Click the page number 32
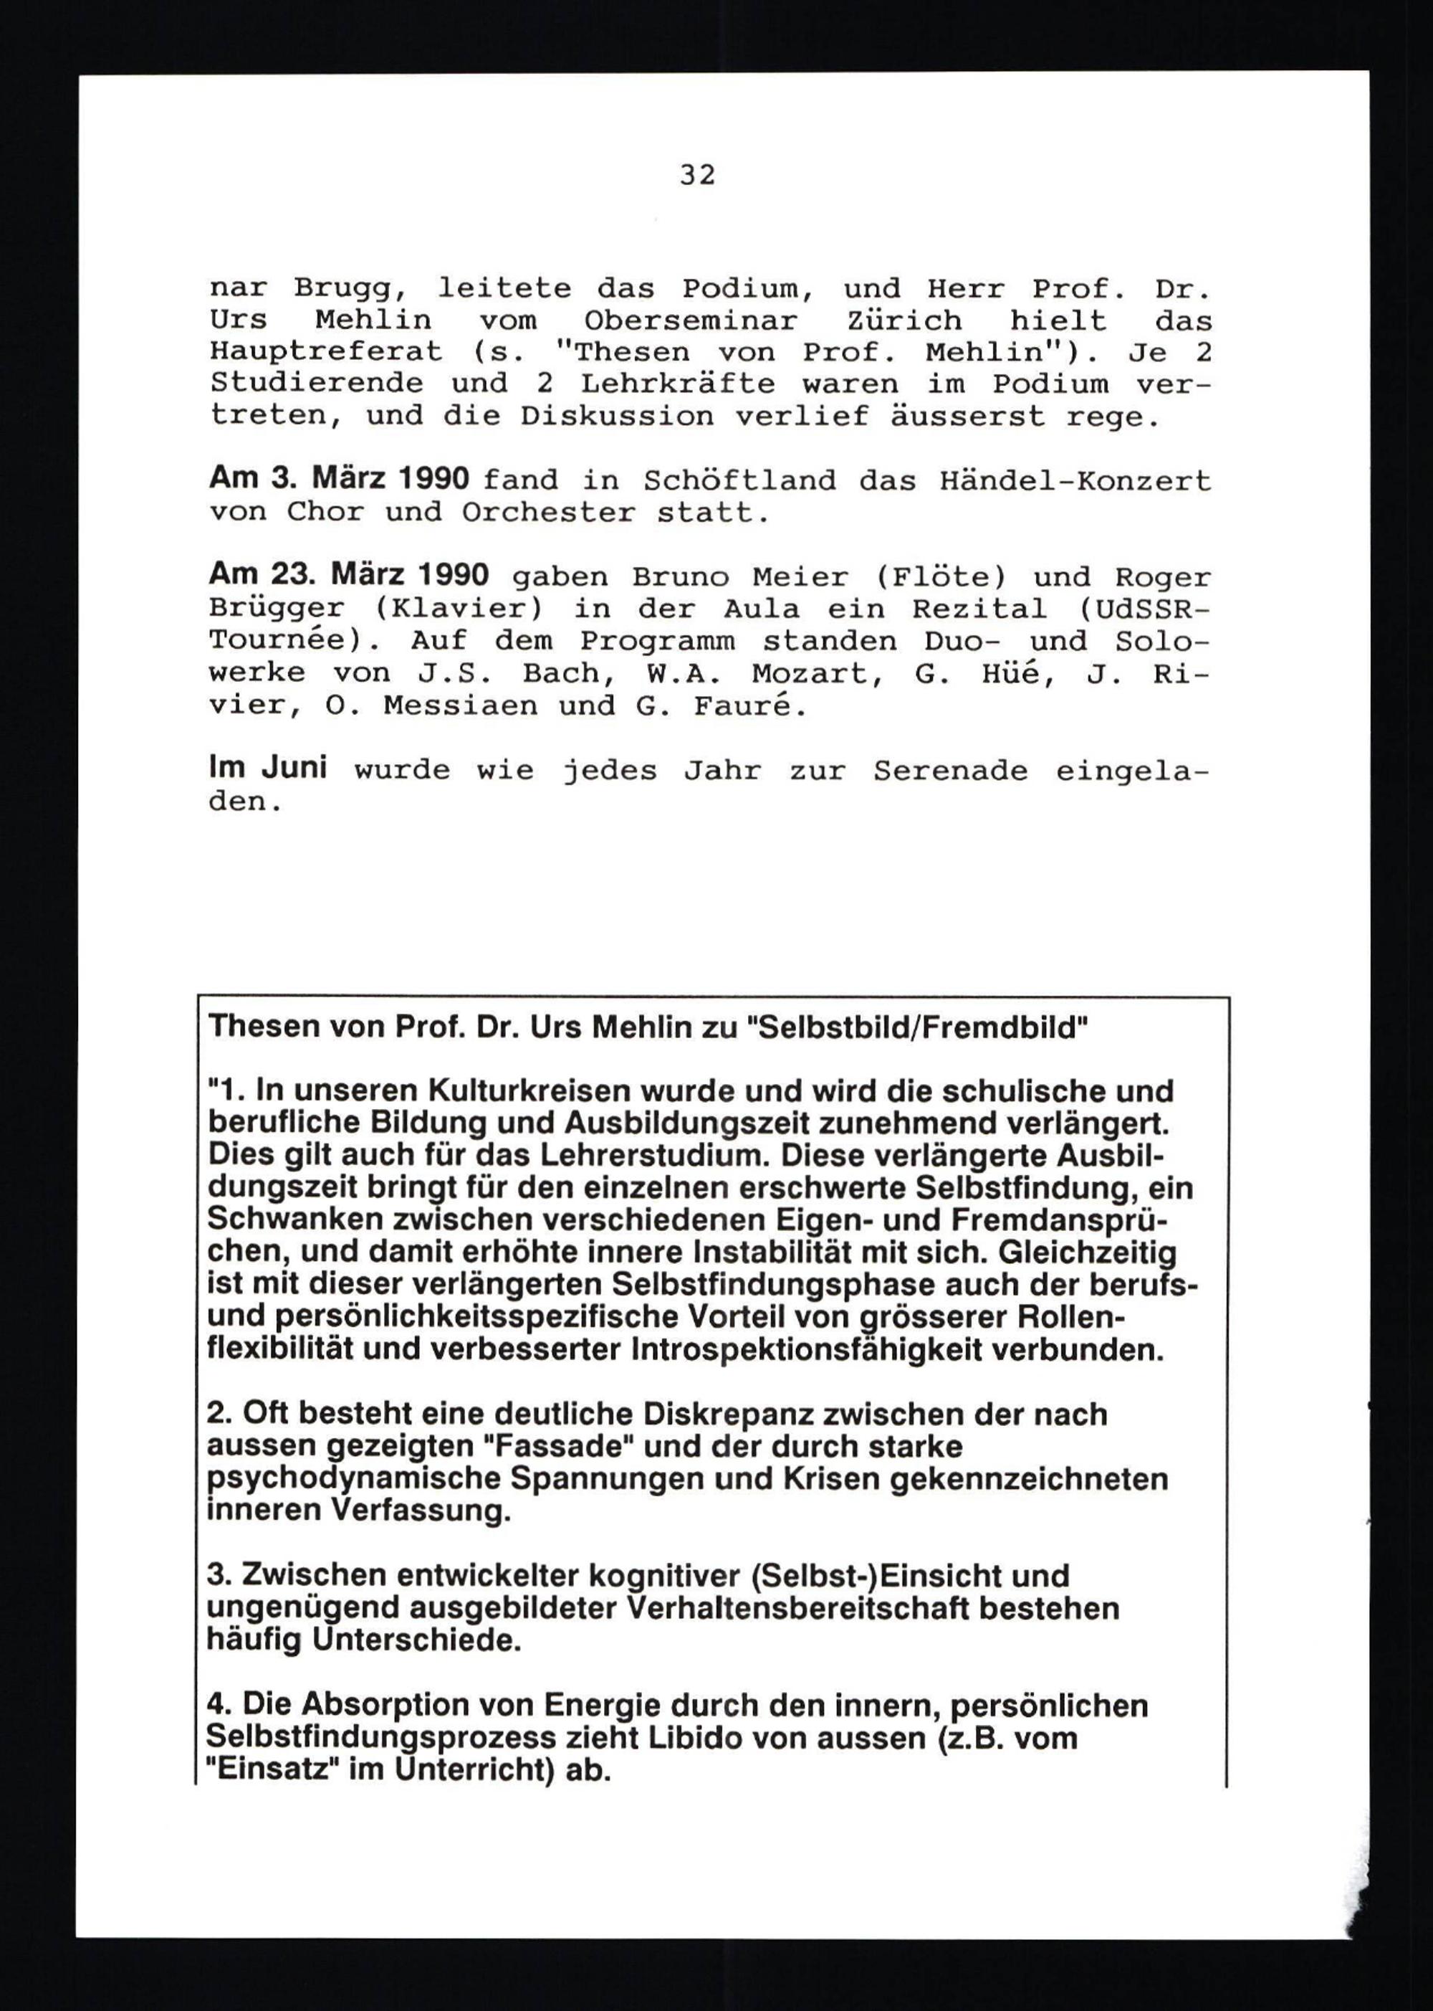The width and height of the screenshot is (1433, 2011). pyautogui.click(x=697, y=176)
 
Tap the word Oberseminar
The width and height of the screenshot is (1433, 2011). pyautogui.click(x=691, y=320)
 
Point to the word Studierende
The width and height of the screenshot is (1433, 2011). pyautogui.click(x=316, y=384)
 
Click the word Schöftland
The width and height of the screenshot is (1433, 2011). pyautogui.click(x=739, y=480)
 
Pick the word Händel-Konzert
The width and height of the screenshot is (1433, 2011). pyautogui.click(x=1075, y=480)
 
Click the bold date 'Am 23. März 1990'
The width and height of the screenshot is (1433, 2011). pyautogui.click(x=348, y=576)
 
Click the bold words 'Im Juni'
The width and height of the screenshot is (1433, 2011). pyautogui.click(x=267, y=768)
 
